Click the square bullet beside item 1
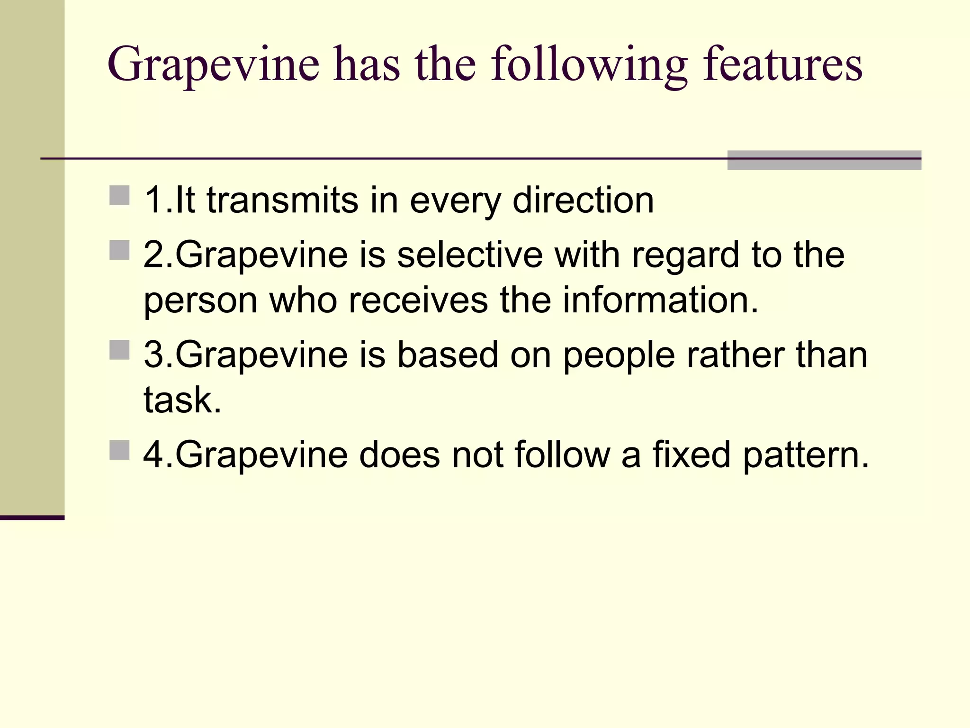point(119,195)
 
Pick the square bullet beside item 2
point(119,250)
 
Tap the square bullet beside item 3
point(119,350)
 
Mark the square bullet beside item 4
point(119,450)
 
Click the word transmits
point(282,200)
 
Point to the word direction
point(583,200)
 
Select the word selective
point(470,255)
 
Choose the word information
point(660,300)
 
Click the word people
point(618,355)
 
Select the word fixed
point(692,455)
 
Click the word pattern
point(805,455)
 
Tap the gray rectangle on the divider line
point(824,160)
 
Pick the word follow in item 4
point(562,455)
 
